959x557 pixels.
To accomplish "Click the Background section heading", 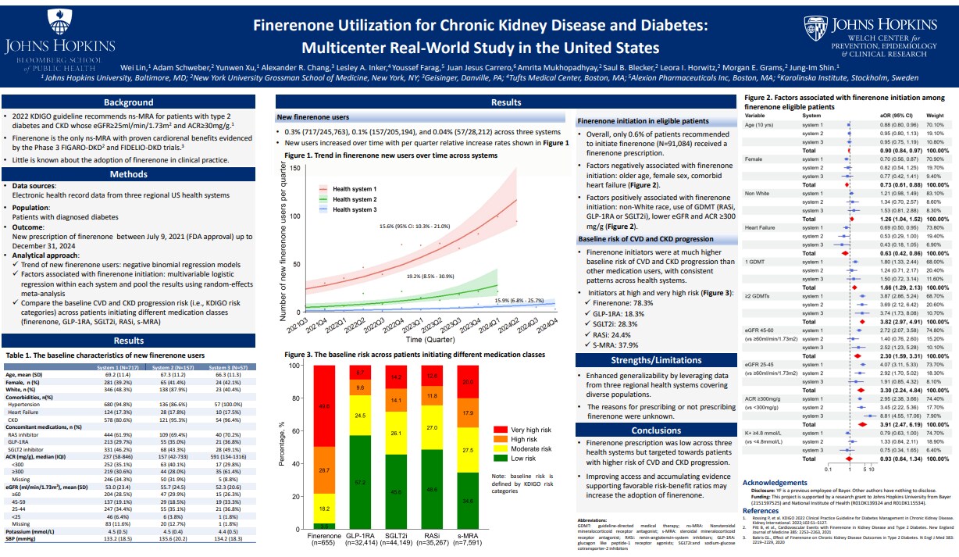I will (129, 102).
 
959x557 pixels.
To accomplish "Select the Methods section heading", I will (129, 174).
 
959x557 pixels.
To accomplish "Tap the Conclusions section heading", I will (656, 430).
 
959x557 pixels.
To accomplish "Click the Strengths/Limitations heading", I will (656, 360).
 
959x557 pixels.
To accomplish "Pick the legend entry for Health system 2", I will (354, 199).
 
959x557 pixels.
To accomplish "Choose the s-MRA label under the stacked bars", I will (468, 537).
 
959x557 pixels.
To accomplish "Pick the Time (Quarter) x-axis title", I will (431, 340).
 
